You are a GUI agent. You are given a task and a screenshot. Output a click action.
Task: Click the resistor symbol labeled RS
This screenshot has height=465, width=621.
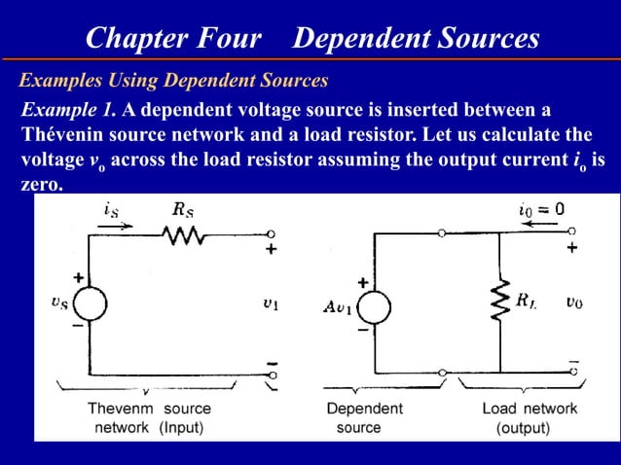(184, 234)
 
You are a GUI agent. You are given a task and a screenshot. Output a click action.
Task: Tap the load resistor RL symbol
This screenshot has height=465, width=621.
(499, 302)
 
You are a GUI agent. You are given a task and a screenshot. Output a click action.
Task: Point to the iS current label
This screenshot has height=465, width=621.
(112, 207)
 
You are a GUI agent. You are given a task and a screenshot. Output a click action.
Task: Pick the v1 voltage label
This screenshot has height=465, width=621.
(270, 303)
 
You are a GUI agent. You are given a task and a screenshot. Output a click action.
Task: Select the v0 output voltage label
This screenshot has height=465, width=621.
(573, 303)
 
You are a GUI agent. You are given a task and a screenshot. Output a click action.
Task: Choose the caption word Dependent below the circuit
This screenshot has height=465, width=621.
(364, 409)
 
